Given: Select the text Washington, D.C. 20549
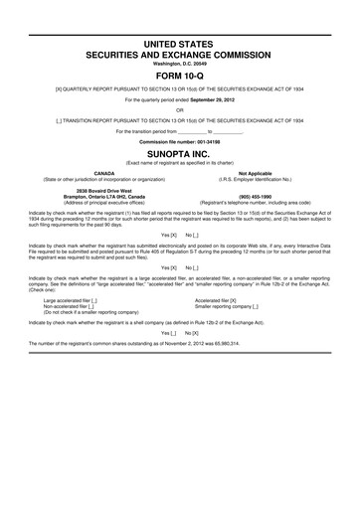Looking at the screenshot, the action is click(x=179, y=61).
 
